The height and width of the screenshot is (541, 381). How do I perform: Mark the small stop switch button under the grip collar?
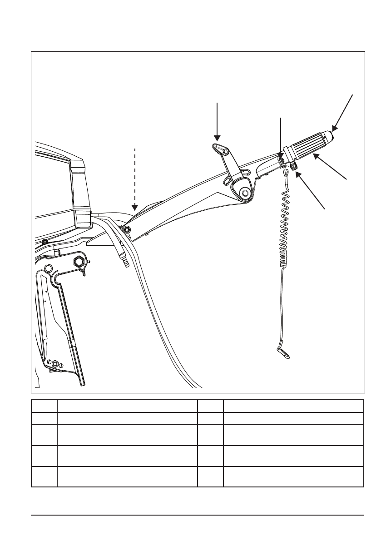(x=295, y=168)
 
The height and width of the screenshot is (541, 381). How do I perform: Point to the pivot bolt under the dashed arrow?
(x=127, y=230)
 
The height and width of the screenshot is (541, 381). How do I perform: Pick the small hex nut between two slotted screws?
(x=55, y=363)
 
